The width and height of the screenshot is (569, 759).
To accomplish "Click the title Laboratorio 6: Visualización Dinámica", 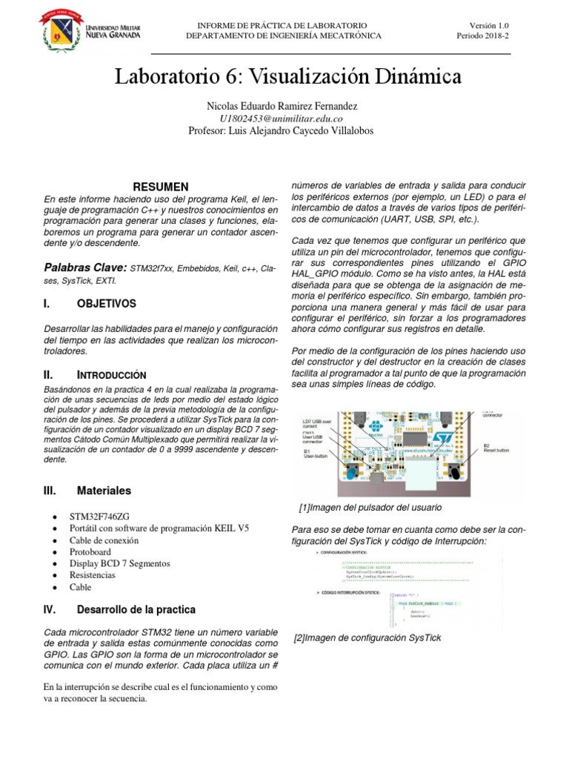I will pyautogui.click(x=287, y=76).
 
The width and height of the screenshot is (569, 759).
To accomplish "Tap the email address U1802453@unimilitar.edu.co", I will pyautogui.click(x=282, y=119).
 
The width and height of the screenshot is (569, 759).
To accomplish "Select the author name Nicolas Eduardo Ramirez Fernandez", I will pyautogui.click(x=282, y=106).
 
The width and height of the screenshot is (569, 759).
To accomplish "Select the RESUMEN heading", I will pyautogui.click(x=160, y=186).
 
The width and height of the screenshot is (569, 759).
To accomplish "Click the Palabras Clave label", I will pyautogui.click(x=85, y=267).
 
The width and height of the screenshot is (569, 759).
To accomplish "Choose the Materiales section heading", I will pyautogui.click(x=104, y=491).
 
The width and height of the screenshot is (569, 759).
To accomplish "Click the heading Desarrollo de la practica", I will pyautogui.click(x=136, y=610).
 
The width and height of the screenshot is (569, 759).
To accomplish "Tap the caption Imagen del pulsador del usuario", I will pyautogui.click(x=370, y=508).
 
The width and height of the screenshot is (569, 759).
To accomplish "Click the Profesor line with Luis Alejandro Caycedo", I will pyautogui.click(x=282, y=131).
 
